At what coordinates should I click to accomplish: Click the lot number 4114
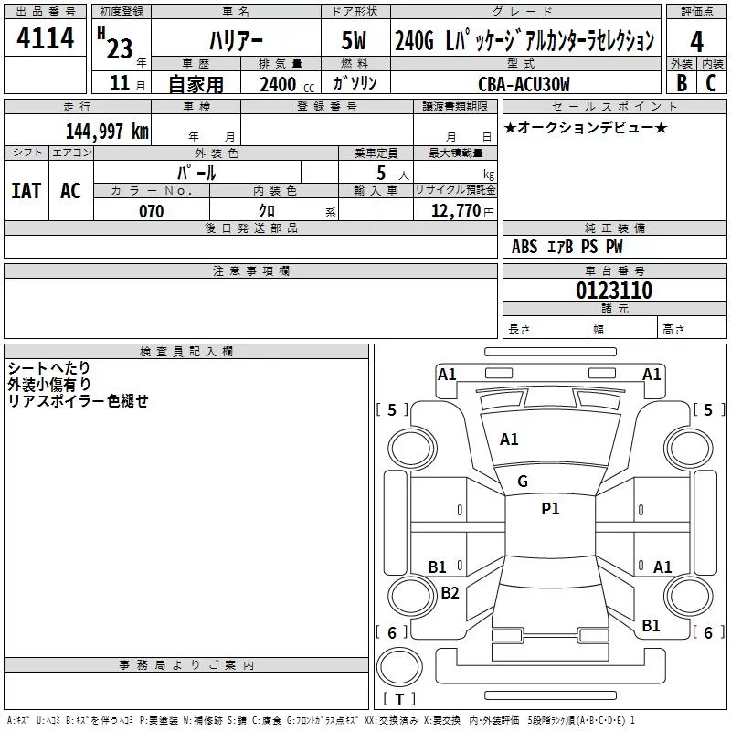[x=45, y=37]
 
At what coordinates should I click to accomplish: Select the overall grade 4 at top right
[x=696, y=42]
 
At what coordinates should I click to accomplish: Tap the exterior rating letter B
[x=682, y=82]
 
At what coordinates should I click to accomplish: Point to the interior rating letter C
[x=711, y=82]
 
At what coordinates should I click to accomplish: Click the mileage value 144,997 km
[x=107, y=131]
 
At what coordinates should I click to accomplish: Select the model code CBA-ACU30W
[x=524, y=84]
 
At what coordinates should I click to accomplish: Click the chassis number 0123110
[x=614, y=290]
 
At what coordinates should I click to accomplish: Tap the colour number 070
[x=152, y=211]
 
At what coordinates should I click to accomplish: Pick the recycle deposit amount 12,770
[x=455, y=211]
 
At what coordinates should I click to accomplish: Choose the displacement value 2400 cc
[x=287, y=84]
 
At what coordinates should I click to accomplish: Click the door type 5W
[x=354, y=40]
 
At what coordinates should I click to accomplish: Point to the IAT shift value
[x=26, y=190]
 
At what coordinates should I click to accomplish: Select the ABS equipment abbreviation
[x=524, y=246]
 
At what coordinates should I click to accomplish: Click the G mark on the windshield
[x=523, y=482]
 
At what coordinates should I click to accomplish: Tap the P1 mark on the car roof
[x=550, y=508]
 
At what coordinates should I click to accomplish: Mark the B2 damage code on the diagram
[x=450, y=592]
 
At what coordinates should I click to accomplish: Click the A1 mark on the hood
[x=509, y=439]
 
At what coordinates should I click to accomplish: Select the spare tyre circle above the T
[x=399, y=666]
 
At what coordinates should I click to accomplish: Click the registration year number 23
[x=120, y=48]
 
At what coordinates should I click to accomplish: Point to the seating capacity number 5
[x=381, y=174]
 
